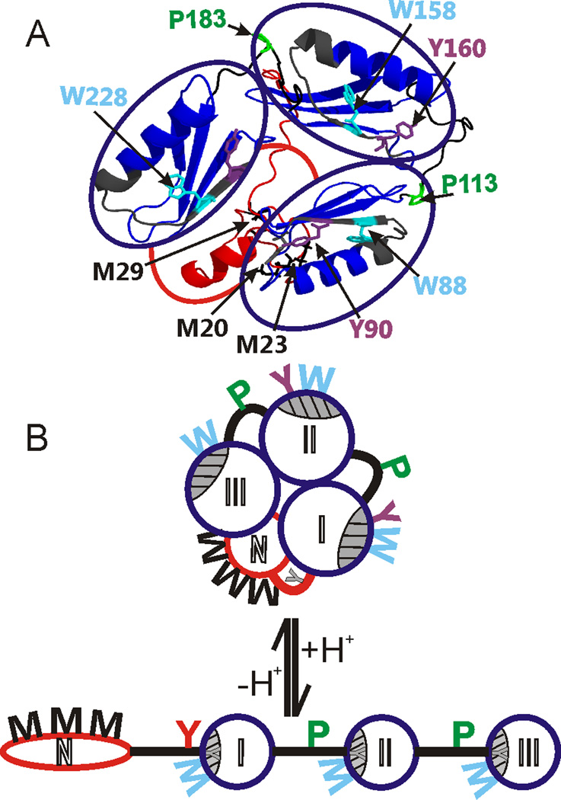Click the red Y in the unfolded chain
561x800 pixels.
[x=183, y=731]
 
